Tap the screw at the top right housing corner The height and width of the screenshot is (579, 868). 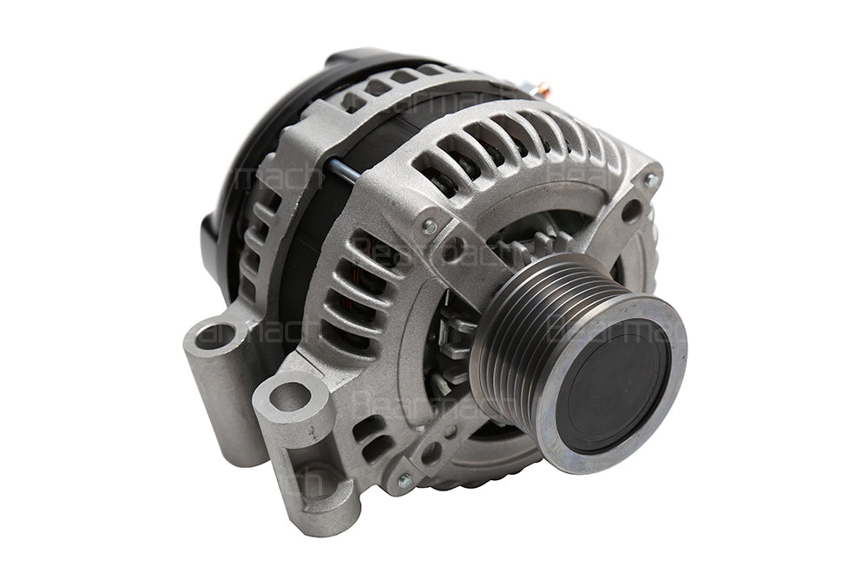click(x=651, y=181)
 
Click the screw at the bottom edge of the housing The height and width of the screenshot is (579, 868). click(x=404, y=480)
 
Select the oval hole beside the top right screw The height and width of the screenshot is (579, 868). click(x=631, y=209)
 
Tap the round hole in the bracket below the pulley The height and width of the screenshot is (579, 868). click(x=431, y=452)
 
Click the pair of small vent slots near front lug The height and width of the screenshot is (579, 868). click(x=373, y=438)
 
